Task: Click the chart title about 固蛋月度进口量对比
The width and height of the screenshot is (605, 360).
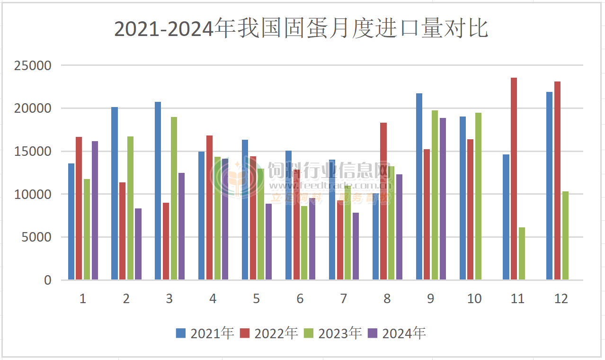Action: click(301, 29)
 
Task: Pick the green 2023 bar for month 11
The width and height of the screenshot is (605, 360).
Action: click(522, 254)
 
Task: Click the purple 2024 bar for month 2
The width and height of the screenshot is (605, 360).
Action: click(138, 244)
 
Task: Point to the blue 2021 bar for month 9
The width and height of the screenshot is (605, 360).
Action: click(419, 187)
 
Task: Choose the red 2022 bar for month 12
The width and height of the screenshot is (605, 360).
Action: click(557, 181)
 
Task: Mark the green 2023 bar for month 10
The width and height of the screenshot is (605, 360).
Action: click(478, 197)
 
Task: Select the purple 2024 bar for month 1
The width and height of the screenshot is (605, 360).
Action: click(95, 210)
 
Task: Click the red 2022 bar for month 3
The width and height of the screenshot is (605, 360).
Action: click(166, 242)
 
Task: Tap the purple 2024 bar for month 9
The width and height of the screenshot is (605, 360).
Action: click(443, 199)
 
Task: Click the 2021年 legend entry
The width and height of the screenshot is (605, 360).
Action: click(205, 333)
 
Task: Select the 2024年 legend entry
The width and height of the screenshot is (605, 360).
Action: click(397, 333)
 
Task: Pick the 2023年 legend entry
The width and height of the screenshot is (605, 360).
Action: click(333, 333)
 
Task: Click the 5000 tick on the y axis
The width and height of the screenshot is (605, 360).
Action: click(36, 237)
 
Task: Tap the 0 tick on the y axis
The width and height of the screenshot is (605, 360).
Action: click(47, 280)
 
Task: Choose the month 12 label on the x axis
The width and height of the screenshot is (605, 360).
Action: click(561, 299)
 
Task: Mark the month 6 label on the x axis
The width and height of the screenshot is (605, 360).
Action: click(300, 299)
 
